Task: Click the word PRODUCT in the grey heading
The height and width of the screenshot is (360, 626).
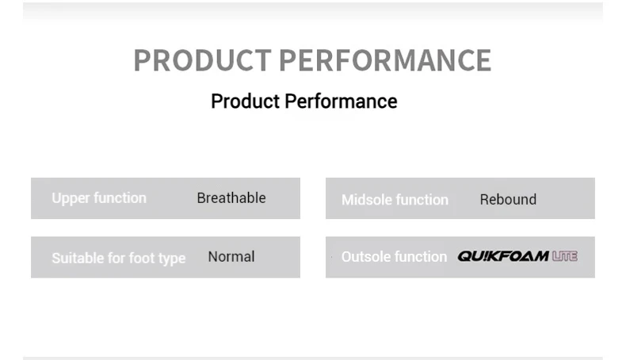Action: click(202, 60)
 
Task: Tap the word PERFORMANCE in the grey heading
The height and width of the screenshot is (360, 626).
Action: click(385, 60)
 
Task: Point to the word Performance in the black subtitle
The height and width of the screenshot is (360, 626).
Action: click(341, 101)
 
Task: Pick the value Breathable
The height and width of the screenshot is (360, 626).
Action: click(231, 197)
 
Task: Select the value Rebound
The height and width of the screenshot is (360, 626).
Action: click(508, 199)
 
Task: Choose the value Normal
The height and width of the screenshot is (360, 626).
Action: click(231, 256)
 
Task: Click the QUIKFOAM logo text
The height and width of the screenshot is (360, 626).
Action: click(503, 256)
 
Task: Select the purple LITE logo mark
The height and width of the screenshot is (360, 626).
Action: click(565, 256)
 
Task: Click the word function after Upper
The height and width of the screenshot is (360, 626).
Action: click(120, 197)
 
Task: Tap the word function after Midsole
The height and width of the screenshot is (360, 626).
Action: click(422, 199)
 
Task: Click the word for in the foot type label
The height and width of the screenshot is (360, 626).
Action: click(116, 259)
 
